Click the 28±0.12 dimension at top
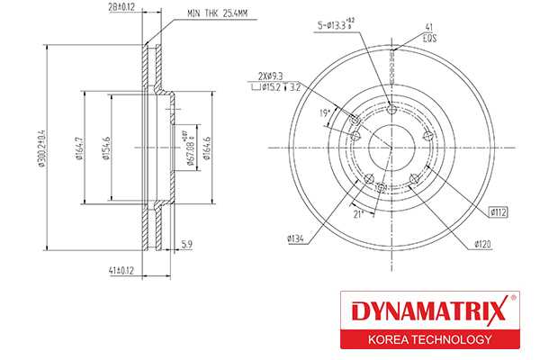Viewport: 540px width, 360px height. (x=121, y=9)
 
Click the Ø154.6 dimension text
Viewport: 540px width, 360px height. (x=105, y=150)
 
